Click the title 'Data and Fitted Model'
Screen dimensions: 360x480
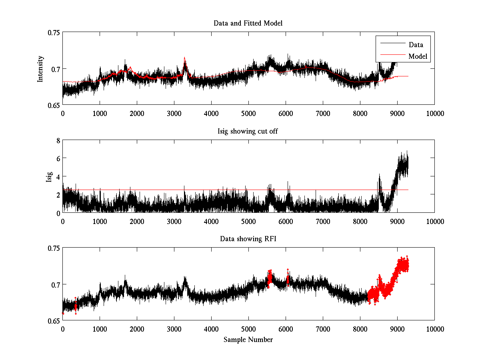pos(248,23)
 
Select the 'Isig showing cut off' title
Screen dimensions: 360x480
pos(248,131)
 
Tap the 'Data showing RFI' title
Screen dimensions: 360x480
pos(248,239)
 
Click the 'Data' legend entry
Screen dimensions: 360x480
pos(416,45)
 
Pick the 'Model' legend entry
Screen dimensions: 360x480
pos(418,56)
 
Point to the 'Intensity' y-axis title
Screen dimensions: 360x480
pos(40,69)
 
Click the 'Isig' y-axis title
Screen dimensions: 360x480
pos(49,176)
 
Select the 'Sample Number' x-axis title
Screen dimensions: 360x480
pos(248,340)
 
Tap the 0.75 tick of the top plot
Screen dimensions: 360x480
pos(53,33)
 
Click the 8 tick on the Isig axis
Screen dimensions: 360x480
pos(58,140)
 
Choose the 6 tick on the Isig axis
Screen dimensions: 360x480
pos(58,158)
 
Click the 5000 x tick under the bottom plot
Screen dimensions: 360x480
pos(248,329)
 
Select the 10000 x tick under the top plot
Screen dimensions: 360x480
pos(434,113)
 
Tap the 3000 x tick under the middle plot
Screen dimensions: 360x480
pos(174,221)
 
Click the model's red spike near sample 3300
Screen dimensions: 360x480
pos(184,58)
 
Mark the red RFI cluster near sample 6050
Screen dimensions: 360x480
pos(288,277)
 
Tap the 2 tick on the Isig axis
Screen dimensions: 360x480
pos(58,195)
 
